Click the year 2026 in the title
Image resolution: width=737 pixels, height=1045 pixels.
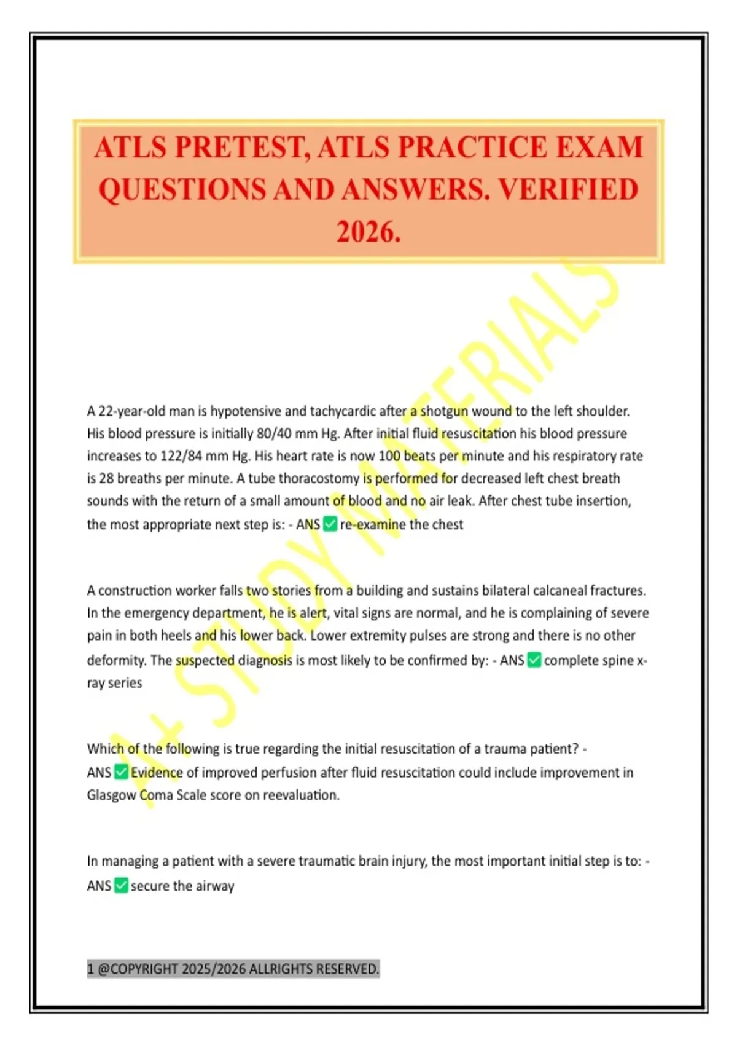[368, 232]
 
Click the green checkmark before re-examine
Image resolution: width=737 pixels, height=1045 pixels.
[330, 524]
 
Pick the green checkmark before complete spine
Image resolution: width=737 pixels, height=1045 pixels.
[534, 660]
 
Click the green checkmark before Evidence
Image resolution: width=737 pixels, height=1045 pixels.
[121, 772]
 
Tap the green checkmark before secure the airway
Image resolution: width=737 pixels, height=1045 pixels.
[121, 886]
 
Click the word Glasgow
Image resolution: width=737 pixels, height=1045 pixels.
[111, 795]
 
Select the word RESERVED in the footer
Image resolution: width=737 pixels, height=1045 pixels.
[348, 969]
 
